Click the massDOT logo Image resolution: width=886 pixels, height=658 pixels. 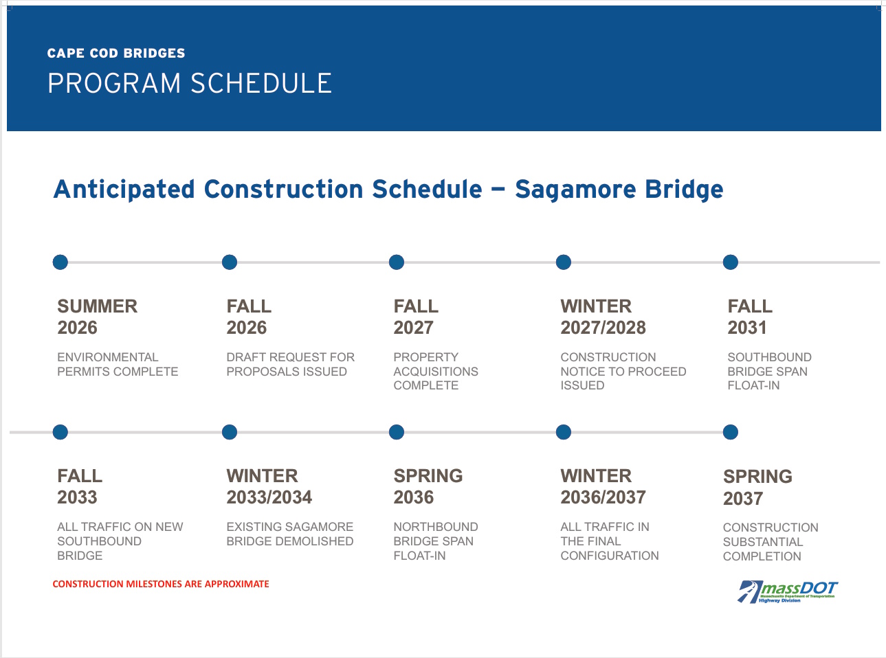(x=788, y=591)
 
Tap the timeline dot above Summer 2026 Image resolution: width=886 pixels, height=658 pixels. (x=60, y=262)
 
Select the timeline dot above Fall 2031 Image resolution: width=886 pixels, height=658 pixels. (x=731, y=262)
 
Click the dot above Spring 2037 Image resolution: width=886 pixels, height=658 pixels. (x=731, y=432)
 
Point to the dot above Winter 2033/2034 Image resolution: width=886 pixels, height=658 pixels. (x=230, y=432)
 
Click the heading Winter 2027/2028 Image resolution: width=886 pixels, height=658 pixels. (x=603, y=317)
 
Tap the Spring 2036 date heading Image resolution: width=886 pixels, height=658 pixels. (x=428, y=486)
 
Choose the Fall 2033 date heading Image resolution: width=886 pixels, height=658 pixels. (x=80, y=486)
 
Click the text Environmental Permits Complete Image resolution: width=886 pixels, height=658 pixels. (x=118, y=364)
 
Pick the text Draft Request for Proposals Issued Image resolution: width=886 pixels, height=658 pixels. (x=290, y=364)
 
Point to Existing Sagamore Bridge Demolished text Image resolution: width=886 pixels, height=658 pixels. (x=289, y=534)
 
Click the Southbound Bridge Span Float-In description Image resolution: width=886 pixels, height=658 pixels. (x=768, y=371)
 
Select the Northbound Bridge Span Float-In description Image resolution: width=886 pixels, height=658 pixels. (x=435, y=541)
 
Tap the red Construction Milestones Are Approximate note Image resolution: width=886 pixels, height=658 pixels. (x=161, y=584)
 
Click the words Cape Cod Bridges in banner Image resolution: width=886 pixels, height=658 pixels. (x=116, y=53)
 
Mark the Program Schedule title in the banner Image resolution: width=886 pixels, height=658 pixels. (x=190, y=83)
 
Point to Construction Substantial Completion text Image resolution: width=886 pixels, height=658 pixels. (x=770, y=542)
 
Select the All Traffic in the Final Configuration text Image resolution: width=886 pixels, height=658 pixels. (x=609, y=541)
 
